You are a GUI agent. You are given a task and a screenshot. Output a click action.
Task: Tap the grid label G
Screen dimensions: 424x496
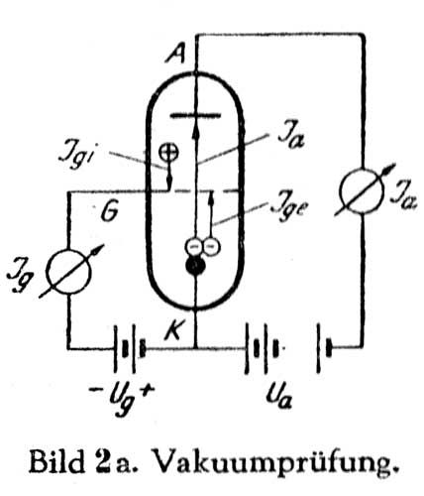[x=109, y=211]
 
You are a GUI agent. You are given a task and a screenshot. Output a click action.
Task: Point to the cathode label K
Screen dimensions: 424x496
[x=173, y=329]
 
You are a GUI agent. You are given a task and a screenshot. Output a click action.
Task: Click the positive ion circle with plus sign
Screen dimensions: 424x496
[x=168, y=153]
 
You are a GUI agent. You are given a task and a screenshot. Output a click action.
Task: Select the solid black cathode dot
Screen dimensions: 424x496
[x=195, y=266]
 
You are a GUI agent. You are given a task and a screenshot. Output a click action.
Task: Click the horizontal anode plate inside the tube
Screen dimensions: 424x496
[x=195, y=115]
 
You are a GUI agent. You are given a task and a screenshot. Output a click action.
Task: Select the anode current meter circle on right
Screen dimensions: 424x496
[x=363, y=191]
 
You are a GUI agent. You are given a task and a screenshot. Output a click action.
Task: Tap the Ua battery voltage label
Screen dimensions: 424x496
[x=279, y=395]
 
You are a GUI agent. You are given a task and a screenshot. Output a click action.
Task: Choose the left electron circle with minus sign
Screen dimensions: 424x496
[x=193, y=246]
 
